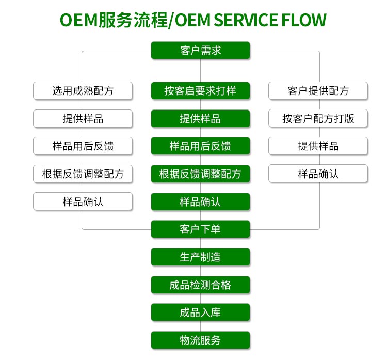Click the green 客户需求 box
point(200,51)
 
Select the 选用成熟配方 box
point(83,91)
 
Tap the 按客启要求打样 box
point(200,91)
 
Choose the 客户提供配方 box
point(318,91)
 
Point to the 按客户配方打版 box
point(318,118)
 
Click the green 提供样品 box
point(200,118)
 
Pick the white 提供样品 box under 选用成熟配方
point(83,118)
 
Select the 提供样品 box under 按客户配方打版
point(318,146)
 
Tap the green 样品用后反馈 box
point(200,146)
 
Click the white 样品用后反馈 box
point(83,146)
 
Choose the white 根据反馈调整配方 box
point(83,174)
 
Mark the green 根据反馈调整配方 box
point(200,174)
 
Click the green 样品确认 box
point(200,201)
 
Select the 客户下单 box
point(200,229)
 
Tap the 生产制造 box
point(200,257)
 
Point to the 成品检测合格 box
point(200,285)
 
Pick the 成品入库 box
point(200,312)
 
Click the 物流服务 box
point(200,340)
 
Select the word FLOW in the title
point(304,20)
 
